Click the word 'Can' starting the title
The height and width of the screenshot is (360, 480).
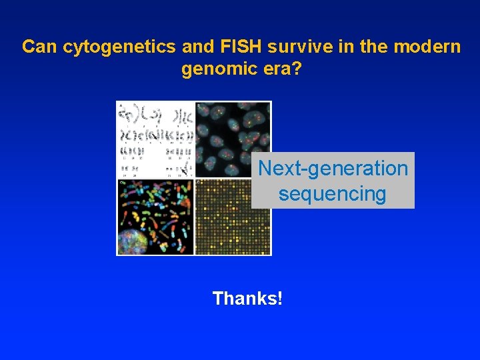pyautogui.click(x=39, y=47)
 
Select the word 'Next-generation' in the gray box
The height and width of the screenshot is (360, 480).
pyautogui.click(x=333, y=169)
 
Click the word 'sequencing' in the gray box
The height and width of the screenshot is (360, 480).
pyautogui.click(x=333, y=194)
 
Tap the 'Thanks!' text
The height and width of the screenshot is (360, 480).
pyautogui.click(x=247, y=298)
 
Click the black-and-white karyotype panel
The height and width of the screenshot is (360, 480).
pyautogui.click(x=155, y=139)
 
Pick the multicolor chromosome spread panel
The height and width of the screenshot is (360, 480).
pyautogui.click(x=155, y=217)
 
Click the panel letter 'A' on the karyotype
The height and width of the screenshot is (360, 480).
pyautogui.click(x=120, y=105)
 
